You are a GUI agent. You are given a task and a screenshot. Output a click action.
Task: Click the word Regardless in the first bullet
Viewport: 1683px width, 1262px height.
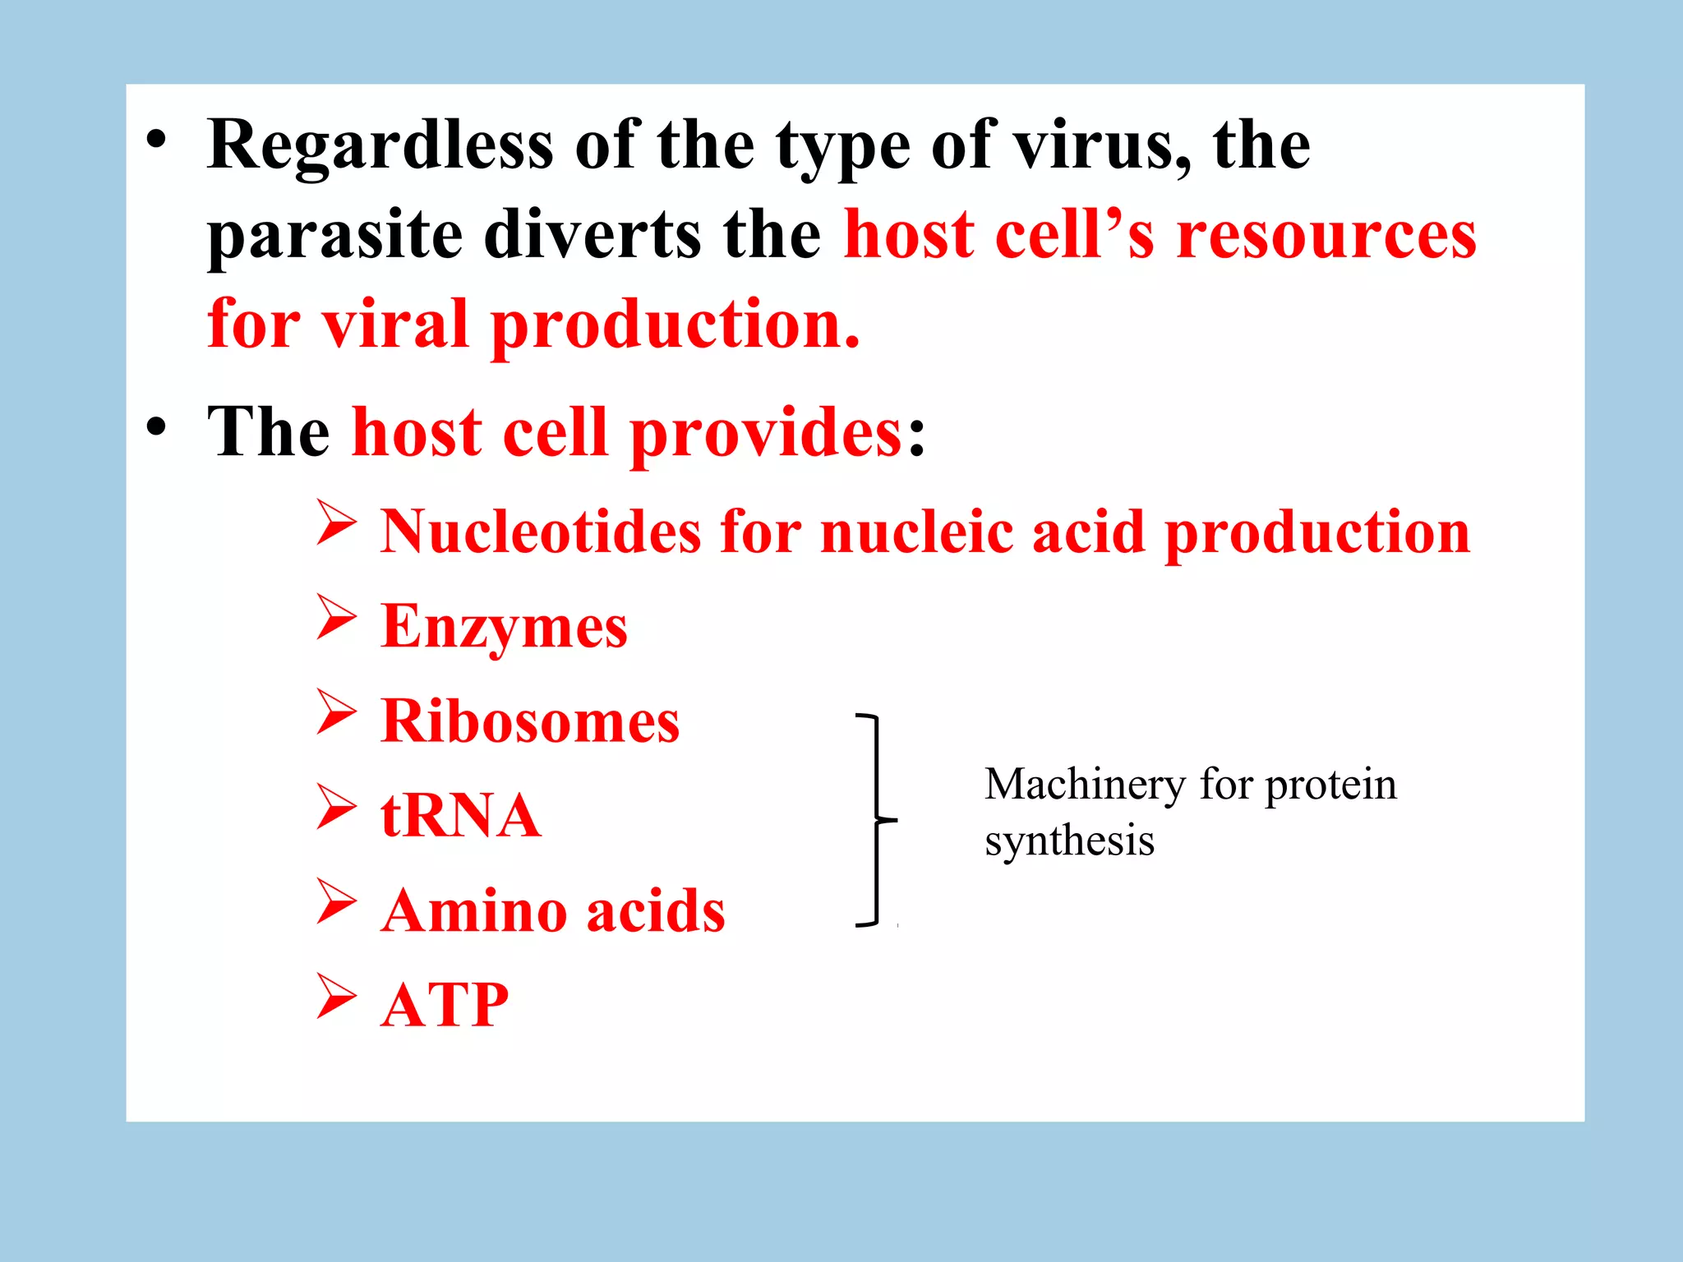pyautogui.click(x=380, y=146)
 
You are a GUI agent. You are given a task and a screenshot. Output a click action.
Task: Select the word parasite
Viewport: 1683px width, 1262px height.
pyautogui.click(x=334, y=237)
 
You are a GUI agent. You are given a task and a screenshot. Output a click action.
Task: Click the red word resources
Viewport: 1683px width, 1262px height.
pyautogui.click(x=1326, y=235)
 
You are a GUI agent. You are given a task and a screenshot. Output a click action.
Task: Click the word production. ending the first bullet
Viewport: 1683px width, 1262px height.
pyautogui.click(x=675, y=325)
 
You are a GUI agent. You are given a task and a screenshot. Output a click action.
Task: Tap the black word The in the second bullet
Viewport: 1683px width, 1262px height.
pyautogui.click(x=268, y=432)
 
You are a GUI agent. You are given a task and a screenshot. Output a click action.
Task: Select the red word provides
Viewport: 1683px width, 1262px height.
pyautogui.click(x=766, y=434)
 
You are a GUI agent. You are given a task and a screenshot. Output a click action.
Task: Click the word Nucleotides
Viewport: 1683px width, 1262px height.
pyautogui.click(x=541, y=532)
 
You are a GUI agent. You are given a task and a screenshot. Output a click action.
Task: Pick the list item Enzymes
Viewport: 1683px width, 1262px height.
pyautogui.click(x=504, y=627)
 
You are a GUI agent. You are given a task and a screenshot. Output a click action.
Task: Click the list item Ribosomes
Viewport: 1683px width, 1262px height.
pyautogui.click(x=530, y=721)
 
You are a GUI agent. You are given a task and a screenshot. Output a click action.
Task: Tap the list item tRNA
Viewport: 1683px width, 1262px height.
pyautogui.click(x=460, y=816)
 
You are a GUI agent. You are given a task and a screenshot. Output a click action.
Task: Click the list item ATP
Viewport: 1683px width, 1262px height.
pyautogui.click(x=445, y=1005)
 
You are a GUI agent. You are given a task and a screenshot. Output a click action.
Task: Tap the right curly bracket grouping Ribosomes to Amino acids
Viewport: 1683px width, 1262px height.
pyautogui.click(x=878, y=820)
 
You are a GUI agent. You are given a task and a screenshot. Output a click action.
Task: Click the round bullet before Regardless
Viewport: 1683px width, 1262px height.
pyautogui.click(x=156, y=140)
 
